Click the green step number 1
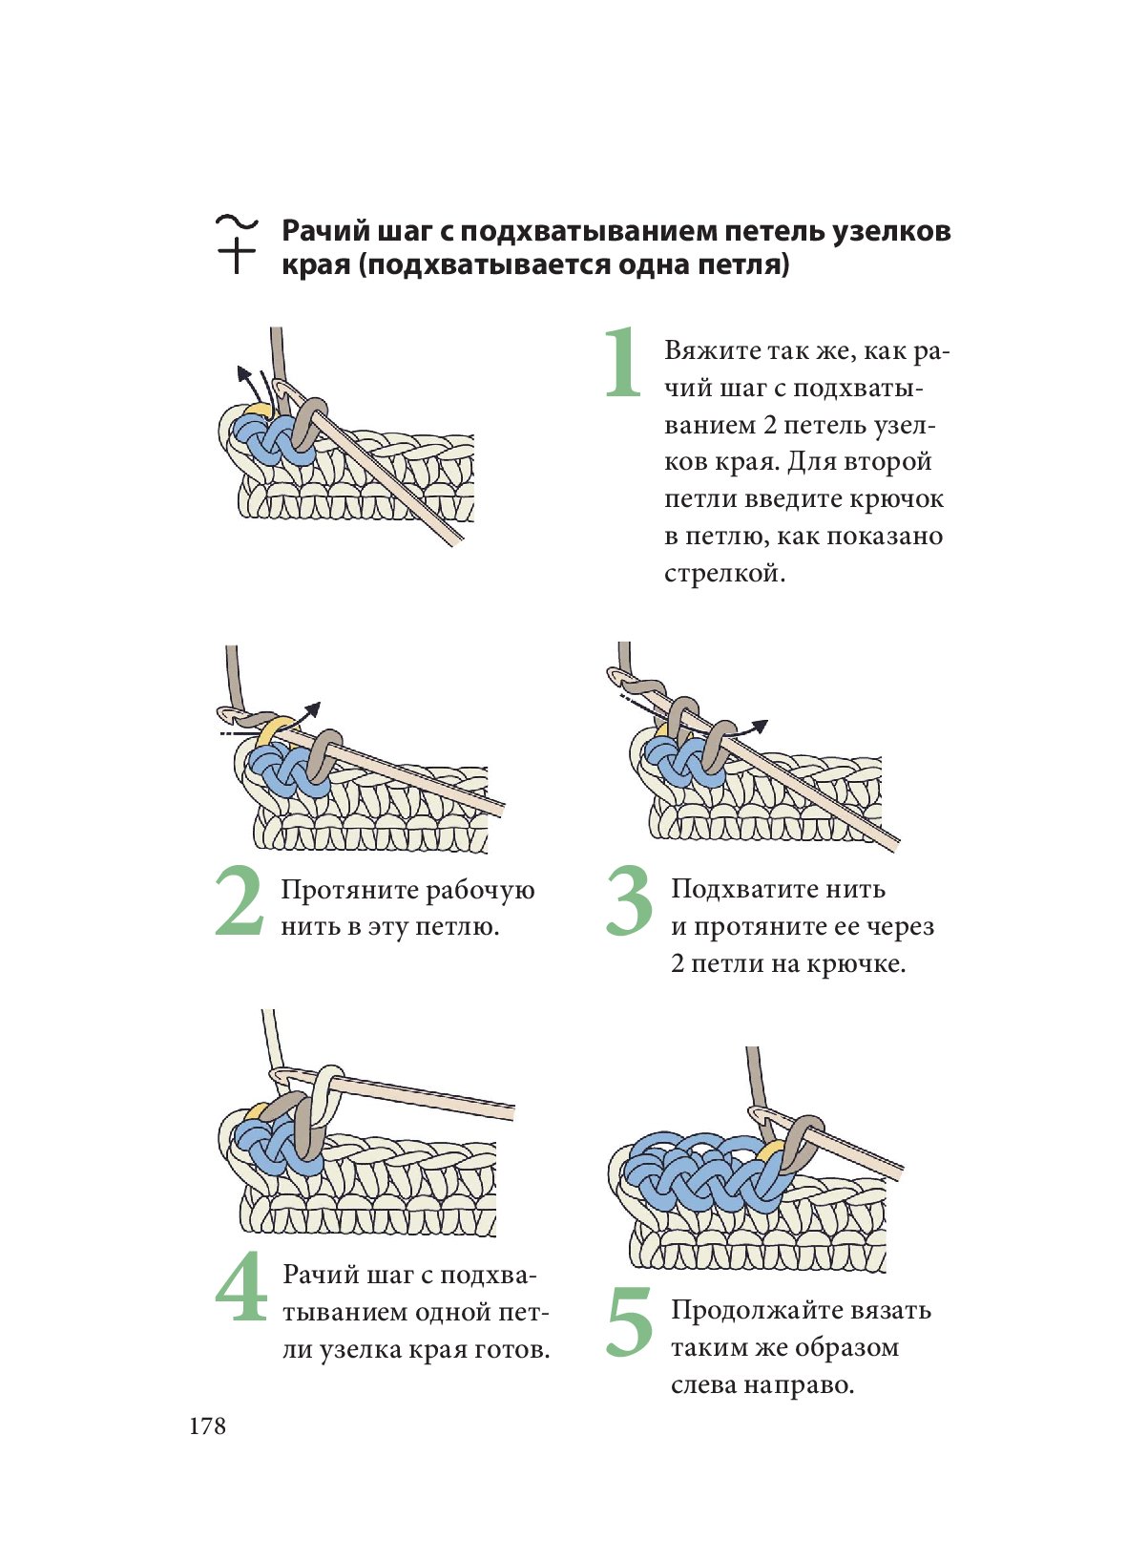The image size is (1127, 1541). pyautogui.click(x=623, y=362)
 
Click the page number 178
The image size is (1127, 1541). pyautogui.click(x=208, y=1426)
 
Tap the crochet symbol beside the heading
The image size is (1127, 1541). pyautogui.click(x=237, y=243)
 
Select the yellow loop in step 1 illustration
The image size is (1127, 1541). pyautogui.click(x=256, y=412)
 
